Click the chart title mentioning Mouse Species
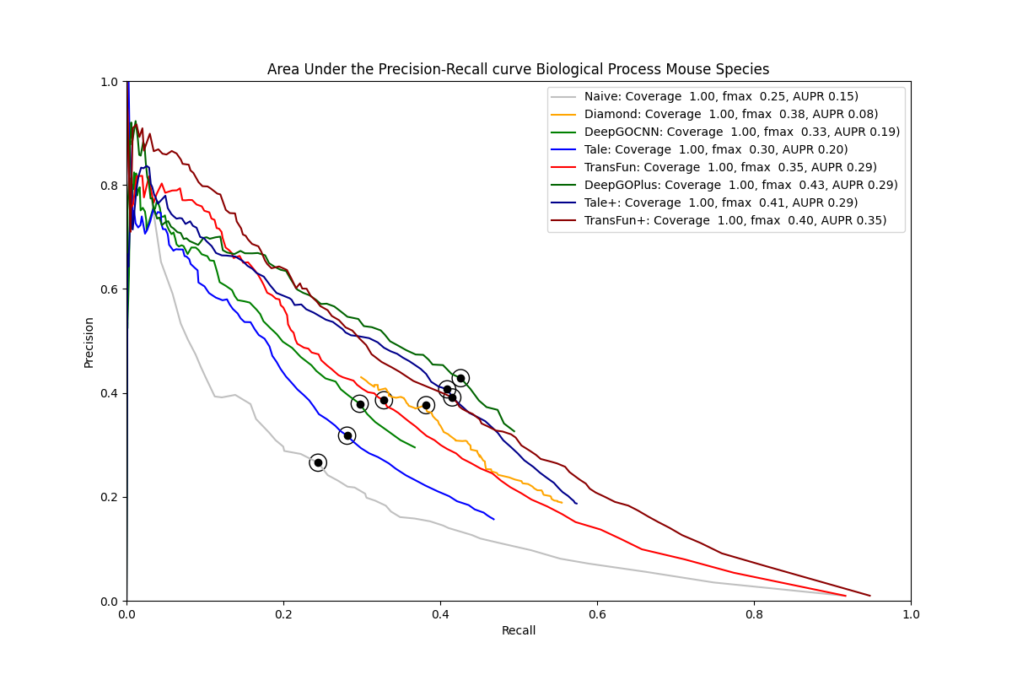pyautogui.click(x=518, y=69)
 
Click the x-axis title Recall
pyautogui.click(x=519, y=630)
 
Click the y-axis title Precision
pyautogui.click(x=89, y=342)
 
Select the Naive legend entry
pyautogui.click(x=721, y=96)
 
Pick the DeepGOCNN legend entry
pyautogui.click(x=741, y=132)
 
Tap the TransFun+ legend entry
pyautogui.click(x=735, y=220)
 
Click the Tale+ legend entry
pyautogui.click(x=720, y=202)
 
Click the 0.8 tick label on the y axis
pyautogui.click(x=110, y=186)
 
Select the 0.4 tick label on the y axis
pyautogui.click(x=110, y=393)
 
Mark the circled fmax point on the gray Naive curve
pyautogui.click(x=318, y=462)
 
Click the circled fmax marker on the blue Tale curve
pyautogui.click(x=347, y=435)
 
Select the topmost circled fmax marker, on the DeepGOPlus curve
pyautogui.click(x=460, y=378)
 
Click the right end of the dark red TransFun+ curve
pyautogui.click(x=870, y=596)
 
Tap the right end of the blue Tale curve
pyautogui.click(x=494, y=519)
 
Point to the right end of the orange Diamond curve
pyautogui.click(x=562, y=503)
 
